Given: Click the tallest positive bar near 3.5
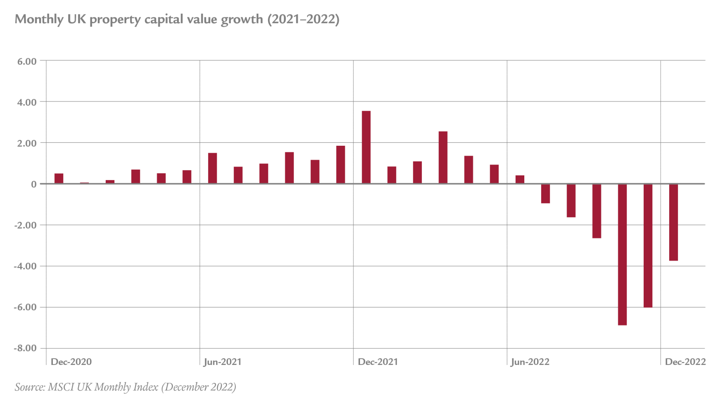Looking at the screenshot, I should pyautogui.click(x=366, y=147).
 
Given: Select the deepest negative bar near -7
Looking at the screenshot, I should pyautogui.click(x=622, y=254).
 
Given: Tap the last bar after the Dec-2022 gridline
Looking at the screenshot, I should pyautogui.click(x=673, y=222).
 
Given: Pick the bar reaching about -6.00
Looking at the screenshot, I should pyautogui.click(x=648, y=245).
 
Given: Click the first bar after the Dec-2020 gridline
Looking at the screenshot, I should pyautogui.click(x=59, y=178).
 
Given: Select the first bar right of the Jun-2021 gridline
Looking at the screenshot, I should pyautogui.click(x=213, y=168).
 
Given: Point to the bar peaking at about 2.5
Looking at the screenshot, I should pyautogui.click(x=443, y=157).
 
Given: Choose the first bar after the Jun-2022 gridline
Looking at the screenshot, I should pyautogui.click(x=520, y=179).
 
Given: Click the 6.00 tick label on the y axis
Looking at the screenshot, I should pyautogui.click(x=27, y=62).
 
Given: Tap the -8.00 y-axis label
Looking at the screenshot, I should pyautogui.click(x=26, y=348).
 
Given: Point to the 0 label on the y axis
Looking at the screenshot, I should pyautogui.click(x=33, y=184).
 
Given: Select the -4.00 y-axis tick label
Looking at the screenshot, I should pyautogui.click(x=26, y=266).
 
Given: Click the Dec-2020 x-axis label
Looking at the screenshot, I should pyautogui.click(x=71, y=362).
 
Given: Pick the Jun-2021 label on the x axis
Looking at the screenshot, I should pyautogui.click(x=223, y=362).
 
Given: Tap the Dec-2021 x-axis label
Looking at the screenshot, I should pyautogui.click(x=378, y=362).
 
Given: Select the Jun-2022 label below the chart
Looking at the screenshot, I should pyautogui.click(x=530, y=362).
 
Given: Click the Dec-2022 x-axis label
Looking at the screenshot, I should pyautogui.click(x=685, y=362).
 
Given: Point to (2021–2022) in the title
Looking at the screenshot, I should pyautogui.click(x=303, y=19).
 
